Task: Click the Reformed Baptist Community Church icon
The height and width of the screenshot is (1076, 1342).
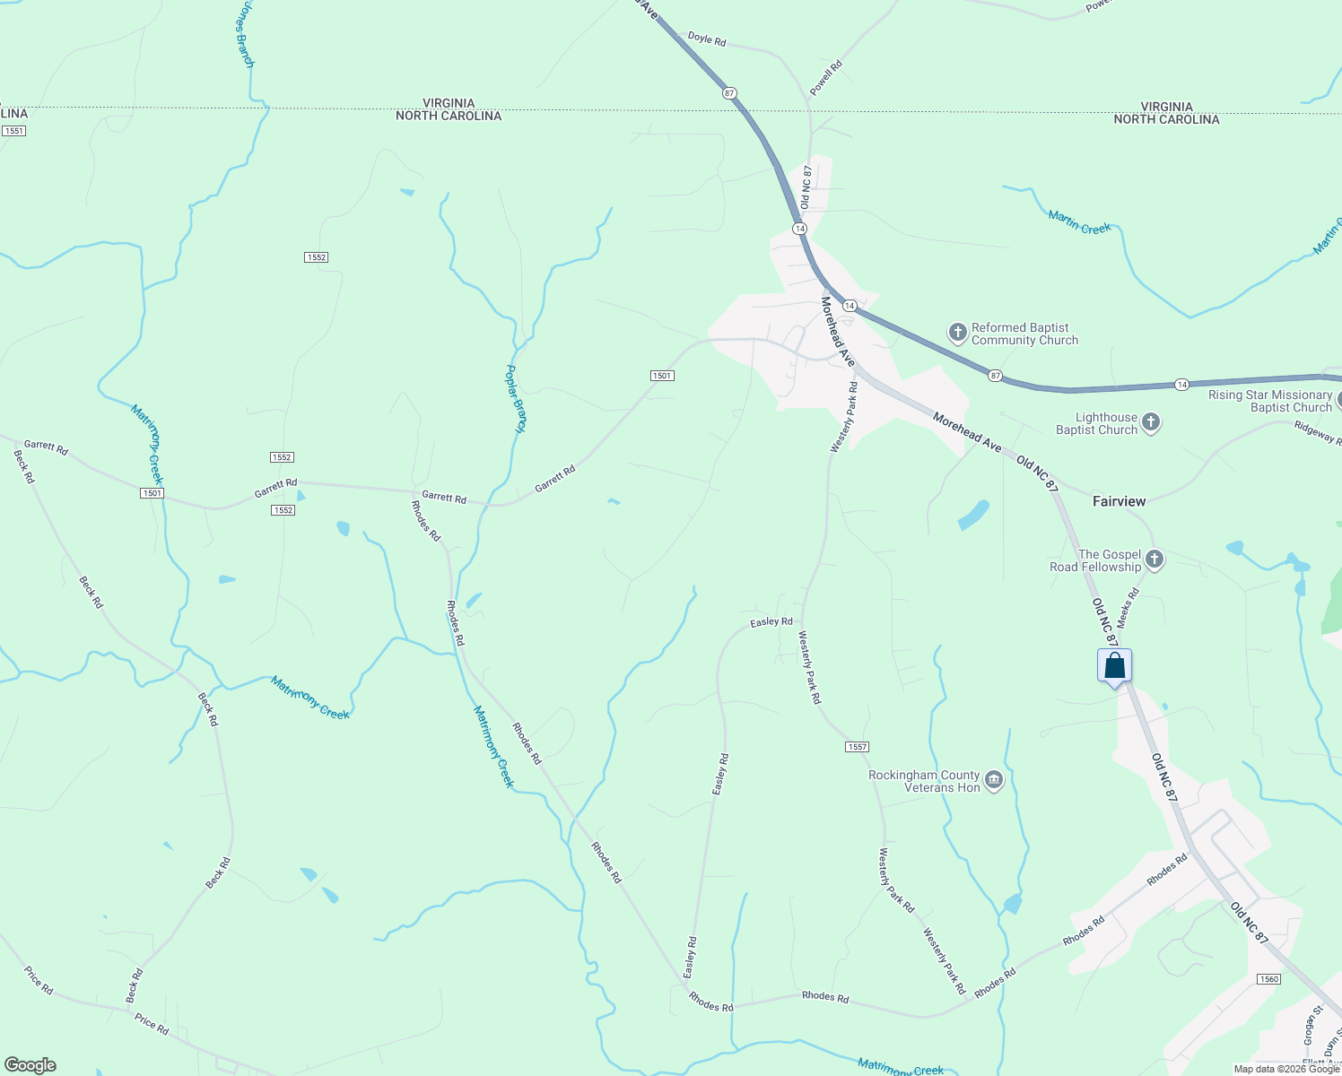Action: coord(958,334)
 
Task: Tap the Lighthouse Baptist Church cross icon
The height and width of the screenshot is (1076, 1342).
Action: coord(1151,422)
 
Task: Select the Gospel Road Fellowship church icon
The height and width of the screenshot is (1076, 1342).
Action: coord(1155,560)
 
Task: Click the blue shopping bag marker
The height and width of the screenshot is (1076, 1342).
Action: coord(1114,666)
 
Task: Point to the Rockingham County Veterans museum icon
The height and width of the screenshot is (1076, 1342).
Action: coord(993,780)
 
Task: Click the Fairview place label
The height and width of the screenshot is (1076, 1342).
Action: coord(1119,501)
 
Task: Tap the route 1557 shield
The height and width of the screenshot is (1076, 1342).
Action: coord(857,747)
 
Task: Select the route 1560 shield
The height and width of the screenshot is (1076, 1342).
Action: coord(1268,979)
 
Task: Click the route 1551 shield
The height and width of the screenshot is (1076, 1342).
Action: coord(13,131)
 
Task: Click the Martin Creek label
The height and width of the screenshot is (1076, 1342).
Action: coord(1079,222)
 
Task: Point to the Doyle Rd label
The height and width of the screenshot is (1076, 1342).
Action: coord(707,39)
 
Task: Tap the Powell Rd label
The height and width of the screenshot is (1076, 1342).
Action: coord(826,78)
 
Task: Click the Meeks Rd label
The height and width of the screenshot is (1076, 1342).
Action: coord(1130,606)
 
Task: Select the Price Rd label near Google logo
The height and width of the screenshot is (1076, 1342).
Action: coord(39,980)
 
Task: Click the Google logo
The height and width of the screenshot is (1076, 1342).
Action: coord(30,1065)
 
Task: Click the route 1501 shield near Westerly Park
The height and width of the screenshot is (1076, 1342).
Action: coord(662,376)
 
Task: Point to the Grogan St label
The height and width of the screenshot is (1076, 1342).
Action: coord(1312,1026)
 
